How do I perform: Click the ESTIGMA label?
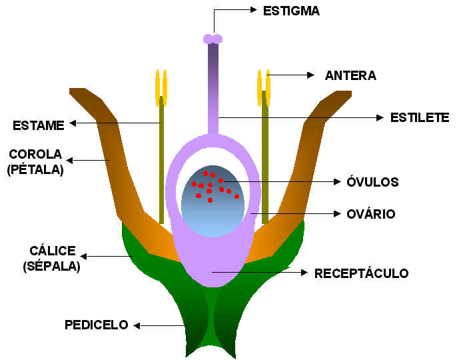[x=292, y=10]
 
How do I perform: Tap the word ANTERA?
[x=350, y=76]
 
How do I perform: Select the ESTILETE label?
[x=419, y=118]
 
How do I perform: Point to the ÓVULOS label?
[x=374, y=181]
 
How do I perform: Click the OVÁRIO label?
[x=372, y=214]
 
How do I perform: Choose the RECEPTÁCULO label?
[x=361, y=273]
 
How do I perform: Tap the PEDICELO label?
[x=96, y=325]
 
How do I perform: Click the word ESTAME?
[x=38, y=125]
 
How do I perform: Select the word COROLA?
[x=35, y=155]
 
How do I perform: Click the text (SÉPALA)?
[x=52, y=267]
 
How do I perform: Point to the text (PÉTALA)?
[x=35, y=169]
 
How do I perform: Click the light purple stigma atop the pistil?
[x=213, y=39]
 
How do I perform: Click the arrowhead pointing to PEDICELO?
[x=137, y=325]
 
